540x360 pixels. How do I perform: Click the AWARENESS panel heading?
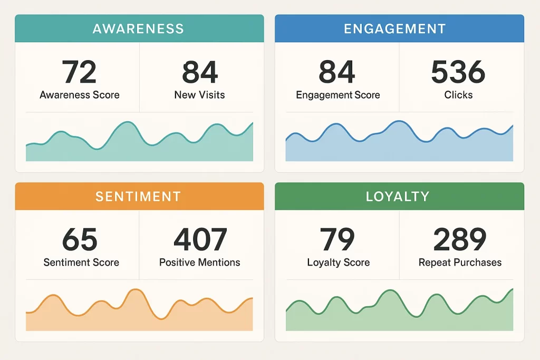138,28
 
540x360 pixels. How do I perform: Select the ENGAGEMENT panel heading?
394,28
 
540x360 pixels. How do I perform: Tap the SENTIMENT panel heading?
138,197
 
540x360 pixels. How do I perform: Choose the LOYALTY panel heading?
398,197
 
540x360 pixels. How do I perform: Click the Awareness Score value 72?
79,72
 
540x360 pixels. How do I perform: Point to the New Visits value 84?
200,72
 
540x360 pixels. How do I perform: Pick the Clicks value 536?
458,72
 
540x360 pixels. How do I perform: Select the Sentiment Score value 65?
80,240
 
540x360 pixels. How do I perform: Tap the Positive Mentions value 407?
200,240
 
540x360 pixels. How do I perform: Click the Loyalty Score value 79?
337,240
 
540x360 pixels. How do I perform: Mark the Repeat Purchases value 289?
460,240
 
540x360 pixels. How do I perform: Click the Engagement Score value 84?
337,72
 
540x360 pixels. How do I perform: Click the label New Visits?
199,95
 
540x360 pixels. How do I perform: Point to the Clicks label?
458,95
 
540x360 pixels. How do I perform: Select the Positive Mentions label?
200,262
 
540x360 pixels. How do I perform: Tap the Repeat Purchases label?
460,262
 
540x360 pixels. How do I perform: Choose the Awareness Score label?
80,95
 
